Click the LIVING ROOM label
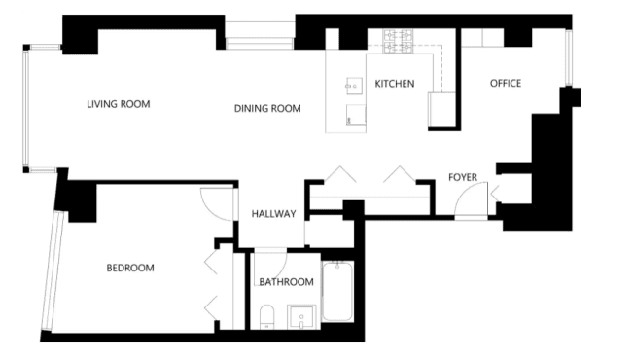pos(119,104)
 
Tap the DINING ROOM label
pos(267,108)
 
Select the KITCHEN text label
pos(395,84)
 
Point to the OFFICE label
pos(506,84)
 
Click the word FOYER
pos(463,177)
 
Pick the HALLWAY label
pos(274,214)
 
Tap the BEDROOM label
pos(130,268)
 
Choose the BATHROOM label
pos(286,282)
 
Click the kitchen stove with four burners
pos(399,42)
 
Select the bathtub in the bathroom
pos(337,291)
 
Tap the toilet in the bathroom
pos(266,317)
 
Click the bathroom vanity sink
pos(301,317)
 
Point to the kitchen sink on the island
pos(354,86)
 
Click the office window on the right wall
pos(569,57)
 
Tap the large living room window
pos(26,108)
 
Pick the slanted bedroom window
pos(53,270)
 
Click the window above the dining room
pos(260,36)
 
